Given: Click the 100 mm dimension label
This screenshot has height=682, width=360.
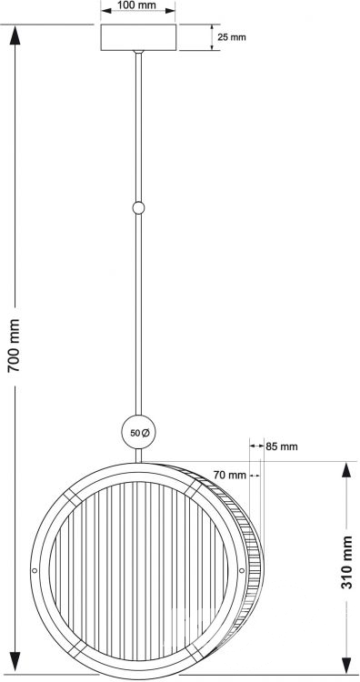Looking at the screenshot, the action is pos(137,5).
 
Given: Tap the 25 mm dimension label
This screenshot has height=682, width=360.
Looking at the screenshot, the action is pos(232,37).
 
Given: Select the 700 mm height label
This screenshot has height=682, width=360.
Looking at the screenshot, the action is pos(15,345).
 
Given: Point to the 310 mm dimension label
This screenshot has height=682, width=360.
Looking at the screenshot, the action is pos(346,562).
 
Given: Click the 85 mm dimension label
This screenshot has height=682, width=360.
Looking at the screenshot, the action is pos(282,446).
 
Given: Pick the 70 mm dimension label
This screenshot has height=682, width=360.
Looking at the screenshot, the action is pos(230,475).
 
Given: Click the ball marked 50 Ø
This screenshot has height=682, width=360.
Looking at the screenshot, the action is pos(138,432).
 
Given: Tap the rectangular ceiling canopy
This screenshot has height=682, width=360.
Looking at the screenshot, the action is pos(139,37).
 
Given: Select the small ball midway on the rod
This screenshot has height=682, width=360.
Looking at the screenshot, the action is pos(138,208).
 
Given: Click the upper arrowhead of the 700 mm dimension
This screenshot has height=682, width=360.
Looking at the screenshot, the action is pos(15,35).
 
